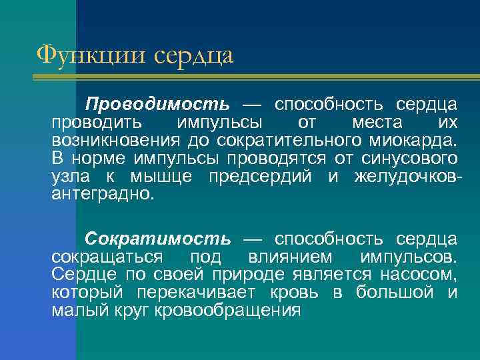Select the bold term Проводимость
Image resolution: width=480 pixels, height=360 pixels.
coord(157,105)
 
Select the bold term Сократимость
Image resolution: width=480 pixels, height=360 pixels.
coord(157,238)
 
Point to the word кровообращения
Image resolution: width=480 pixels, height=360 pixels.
coord(227,310)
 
